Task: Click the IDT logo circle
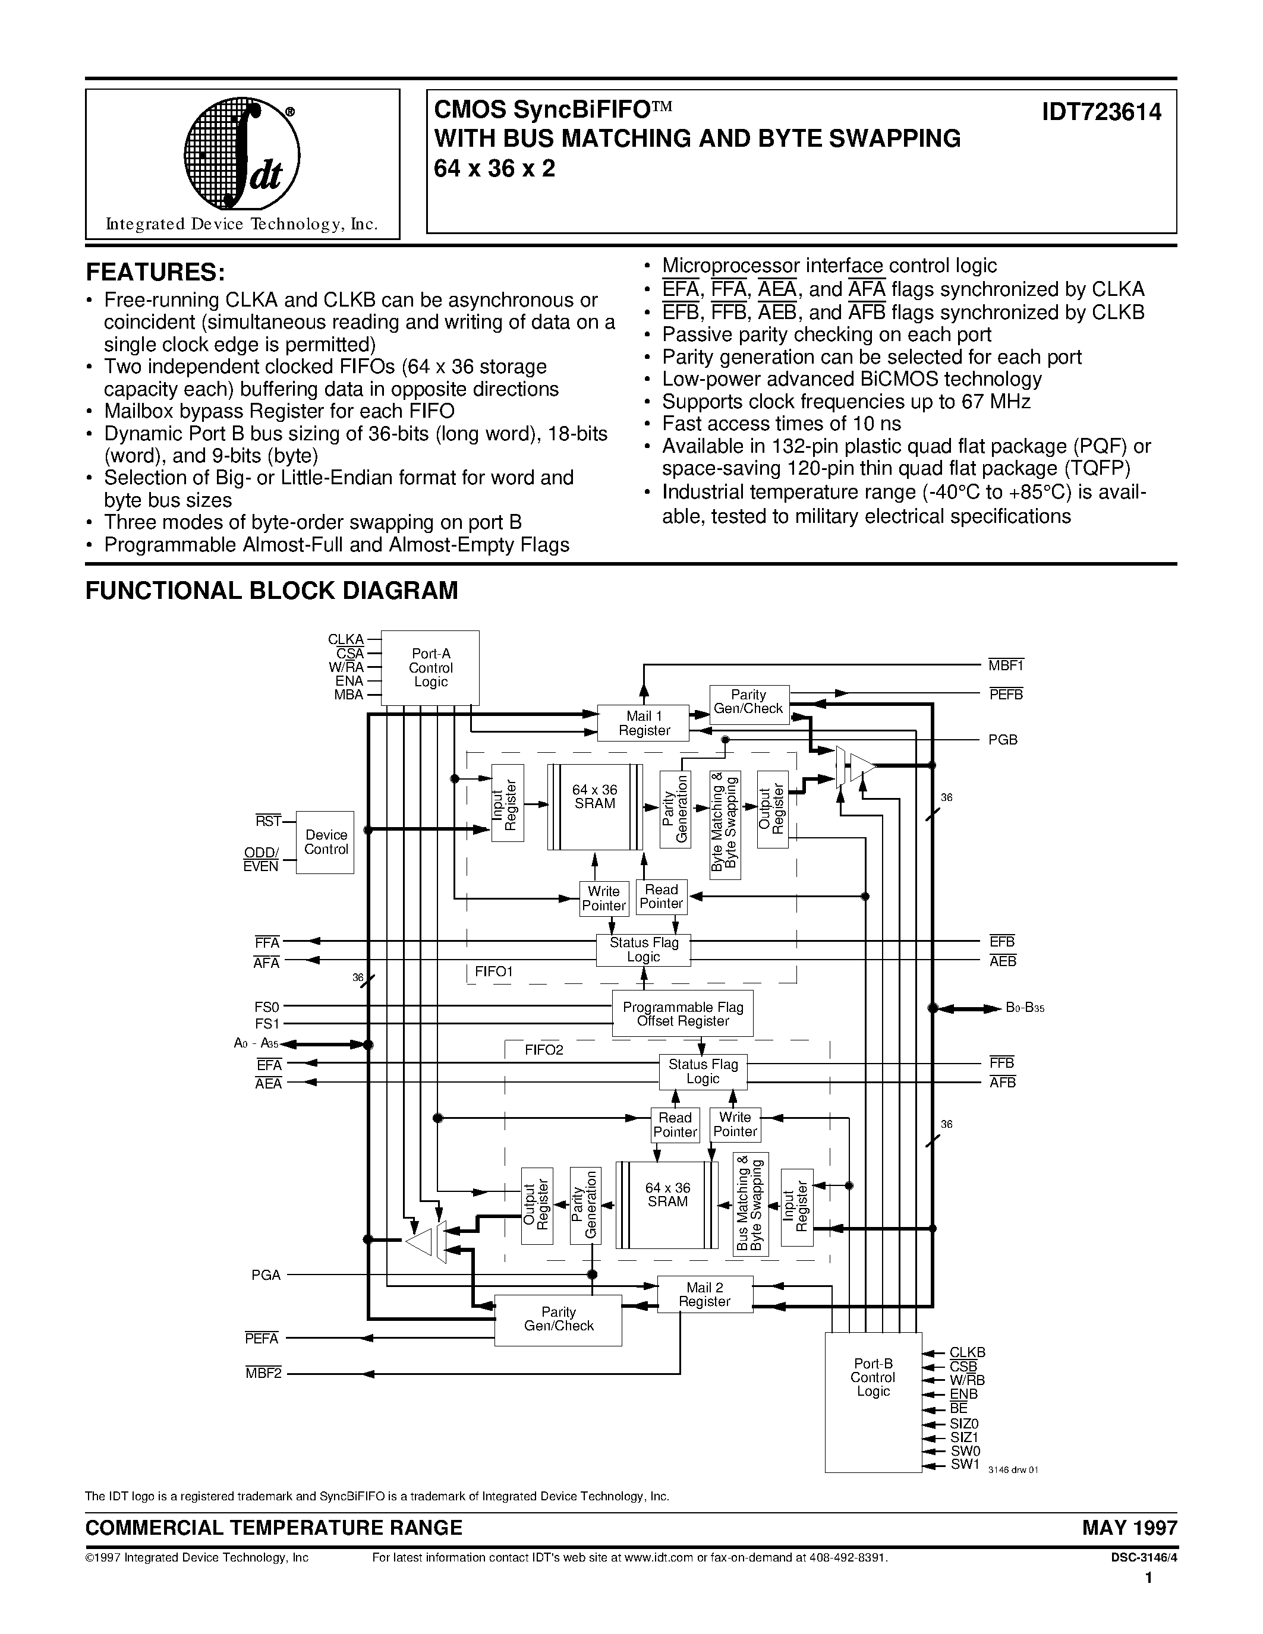242,155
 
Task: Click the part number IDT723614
1101,112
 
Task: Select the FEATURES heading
155,271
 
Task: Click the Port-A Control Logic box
430,667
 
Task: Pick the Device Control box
326,843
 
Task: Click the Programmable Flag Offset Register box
682,1014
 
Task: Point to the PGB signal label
1003,740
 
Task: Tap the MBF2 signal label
263,1374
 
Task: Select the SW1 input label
965,1465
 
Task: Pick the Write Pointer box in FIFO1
603,898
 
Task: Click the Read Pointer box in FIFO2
675,1125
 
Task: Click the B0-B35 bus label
1024,1008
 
